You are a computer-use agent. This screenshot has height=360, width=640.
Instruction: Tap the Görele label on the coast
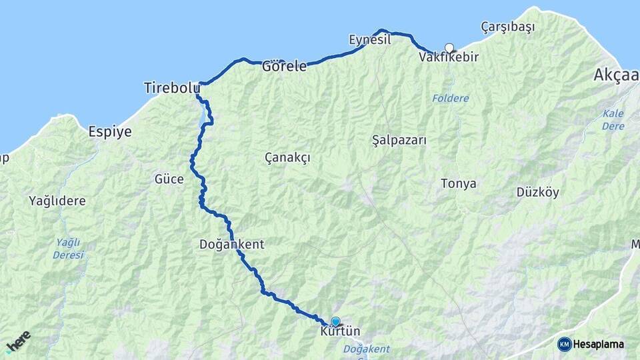coord(284,66)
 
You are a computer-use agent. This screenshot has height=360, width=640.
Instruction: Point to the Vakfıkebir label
coord(449,57)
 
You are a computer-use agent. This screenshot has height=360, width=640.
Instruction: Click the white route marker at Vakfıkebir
coord(449,47)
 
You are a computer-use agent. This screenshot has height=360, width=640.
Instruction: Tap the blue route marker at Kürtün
coord(335,321)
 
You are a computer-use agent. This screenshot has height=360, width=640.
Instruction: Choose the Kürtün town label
coord(340,331)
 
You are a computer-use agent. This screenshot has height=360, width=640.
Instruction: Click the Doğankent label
coord(231,245)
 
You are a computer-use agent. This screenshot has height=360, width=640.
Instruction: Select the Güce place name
coord(169,179)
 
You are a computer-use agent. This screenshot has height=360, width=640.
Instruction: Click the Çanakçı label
coord(287,157)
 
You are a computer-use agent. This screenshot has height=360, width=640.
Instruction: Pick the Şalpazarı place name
coord(399,141)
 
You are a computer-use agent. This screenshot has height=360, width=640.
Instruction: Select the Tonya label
coord(458,183)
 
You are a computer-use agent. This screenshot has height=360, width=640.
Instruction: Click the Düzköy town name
coord(537,192)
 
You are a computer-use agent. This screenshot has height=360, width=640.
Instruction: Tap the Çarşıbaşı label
coord(508,27)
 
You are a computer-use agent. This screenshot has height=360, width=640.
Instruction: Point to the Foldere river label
coord(450,98)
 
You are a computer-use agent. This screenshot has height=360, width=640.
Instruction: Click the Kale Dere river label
coord(613,119)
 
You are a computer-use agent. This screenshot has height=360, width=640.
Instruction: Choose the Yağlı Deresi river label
coord(69,248)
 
